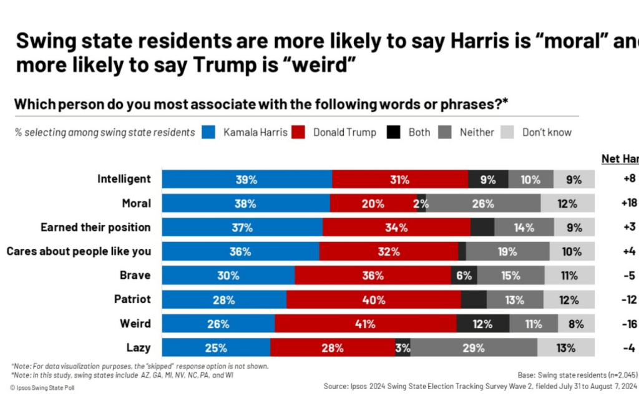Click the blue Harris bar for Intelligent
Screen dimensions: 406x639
[x=246, y=179]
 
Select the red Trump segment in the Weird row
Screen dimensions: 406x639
[x=365, y=324]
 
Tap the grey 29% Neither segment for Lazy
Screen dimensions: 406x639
[x=474, y=348]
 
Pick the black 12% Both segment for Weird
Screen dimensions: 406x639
[x=482, y=324]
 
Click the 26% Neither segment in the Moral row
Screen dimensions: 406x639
[x=483, y=203]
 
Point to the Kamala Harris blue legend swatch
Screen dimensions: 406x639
[x=209, y=132]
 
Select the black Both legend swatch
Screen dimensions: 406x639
[x=394, y=132]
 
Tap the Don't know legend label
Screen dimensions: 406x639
[x=547, y=132]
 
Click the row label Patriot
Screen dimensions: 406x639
[x=132, y=299]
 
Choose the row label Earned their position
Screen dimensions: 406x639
[x=95, y=227]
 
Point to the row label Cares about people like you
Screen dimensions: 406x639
[x=79, y=251]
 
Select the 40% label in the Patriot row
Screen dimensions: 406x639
[x=373, y=300]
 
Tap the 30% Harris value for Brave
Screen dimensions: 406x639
[x=228, y=276]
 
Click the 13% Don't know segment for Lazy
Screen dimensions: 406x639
[x=565, y=348]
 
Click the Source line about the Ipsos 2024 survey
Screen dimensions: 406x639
[x=480, y=386]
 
